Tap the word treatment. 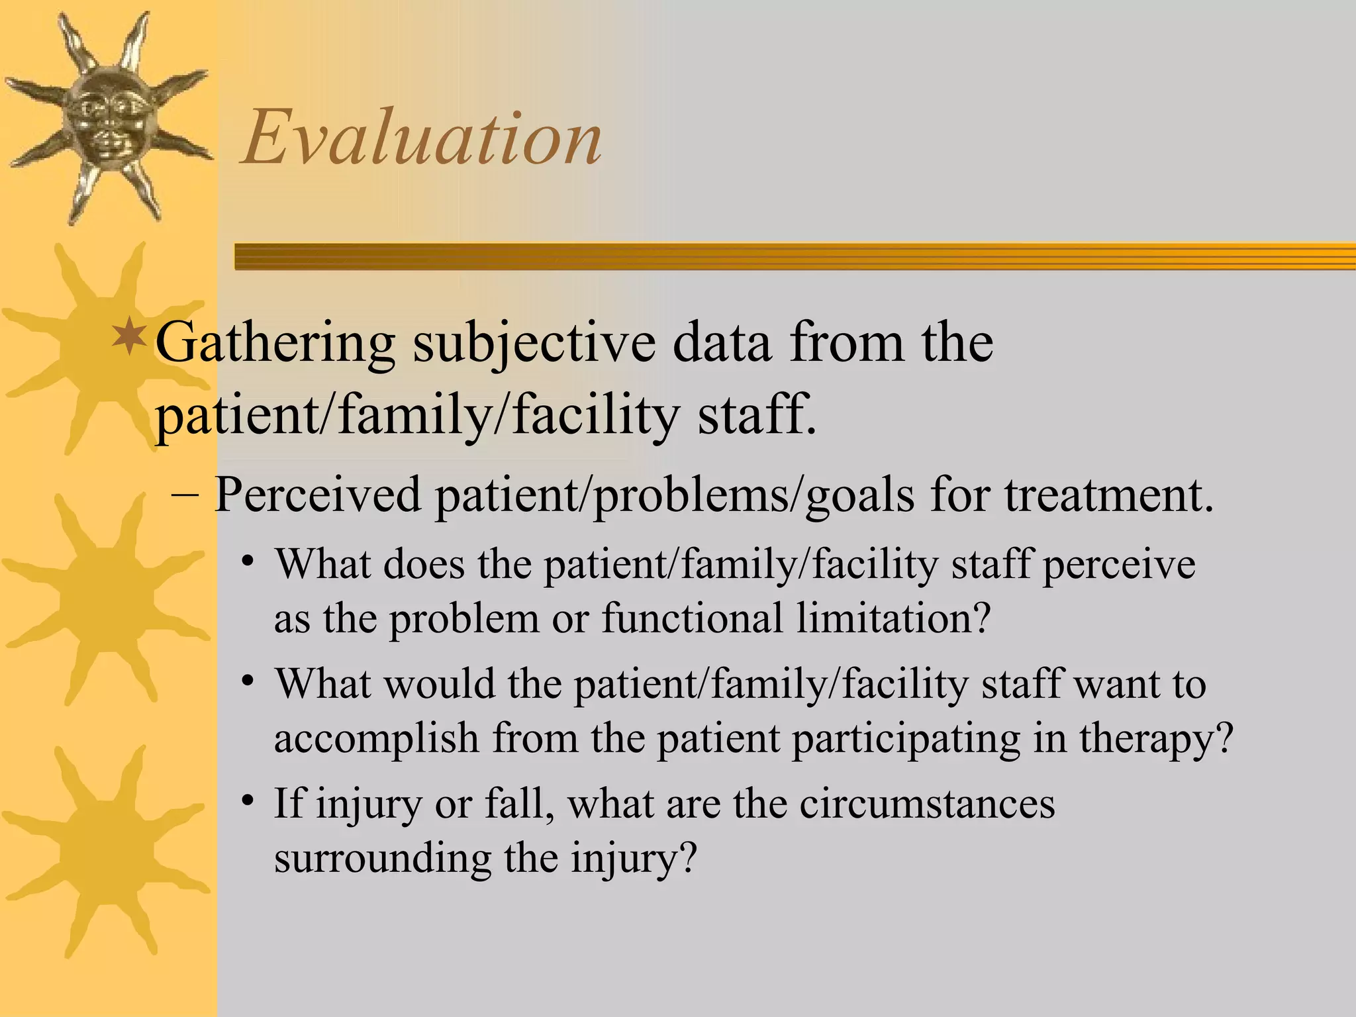(1109, 495)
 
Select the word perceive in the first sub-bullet (1119, 565)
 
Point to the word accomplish (376, 738)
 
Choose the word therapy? (1156, 738)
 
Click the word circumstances (927, 804)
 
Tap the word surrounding (382, 858)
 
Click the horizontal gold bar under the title (795, 256)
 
